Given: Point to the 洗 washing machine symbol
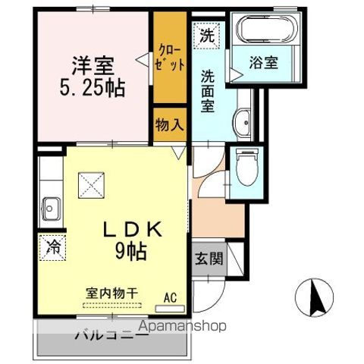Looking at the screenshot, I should (207, 34).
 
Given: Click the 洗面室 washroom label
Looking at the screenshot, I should (207, 91).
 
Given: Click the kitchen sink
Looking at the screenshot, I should (51, 207).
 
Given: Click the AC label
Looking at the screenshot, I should (170, 298).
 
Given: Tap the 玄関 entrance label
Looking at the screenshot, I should (208, 259).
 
